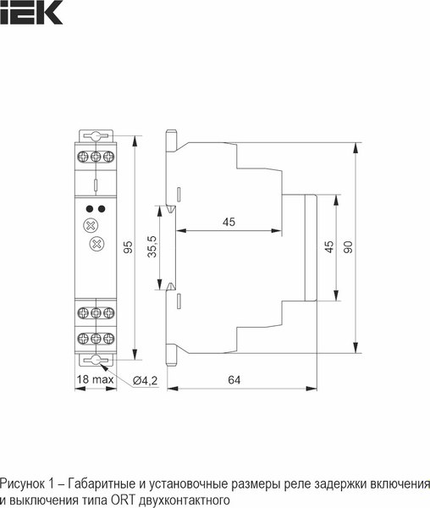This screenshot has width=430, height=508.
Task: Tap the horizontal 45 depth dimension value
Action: [x=229, y=222]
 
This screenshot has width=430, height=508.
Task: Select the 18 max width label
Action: [x=95, y=380]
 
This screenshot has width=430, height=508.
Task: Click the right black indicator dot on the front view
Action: [x=102, y=207]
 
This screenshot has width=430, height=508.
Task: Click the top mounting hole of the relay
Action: [x=96, y=135]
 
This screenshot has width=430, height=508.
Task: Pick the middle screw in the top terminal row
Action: [x=96, y=156]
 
